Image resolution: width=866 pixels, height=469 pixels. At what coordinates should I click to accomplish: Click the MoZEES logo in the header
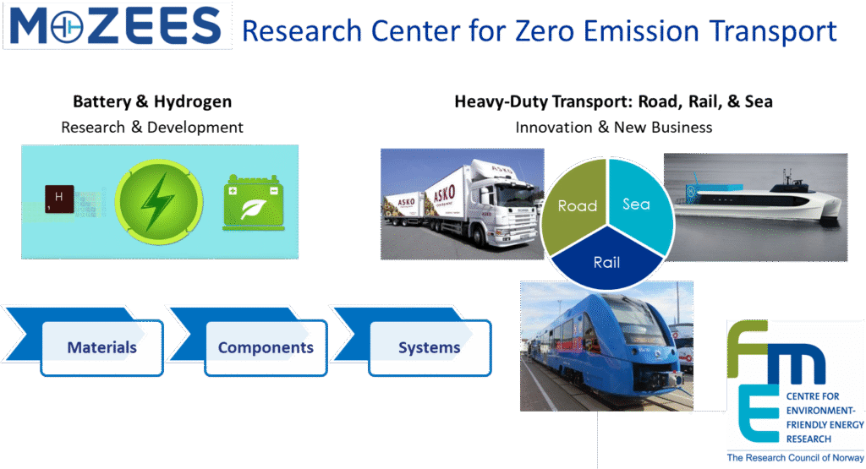pos(117,26)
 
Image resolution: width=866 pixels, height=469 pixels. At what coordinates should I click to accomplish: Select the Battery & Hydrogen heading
pos(152,101)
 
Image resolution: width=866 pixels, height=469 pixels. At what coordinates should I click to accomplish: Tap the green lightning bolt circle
pos(159,201)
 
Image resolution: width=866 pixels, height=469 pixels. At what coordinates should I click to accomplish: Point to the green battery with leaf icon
pos(254,202)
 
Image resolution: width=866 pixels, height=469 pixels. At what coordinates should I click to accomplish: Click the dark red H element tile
pos(59,199)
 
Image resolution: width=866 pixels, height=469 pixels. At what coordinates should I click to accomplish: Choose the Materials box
pos(102,347)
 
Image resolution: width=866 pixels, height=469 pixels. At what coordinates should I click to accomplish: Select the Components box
pos(266,347)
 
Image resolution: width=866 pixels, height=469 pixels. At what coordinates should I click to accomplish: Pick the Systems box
pos(430,347)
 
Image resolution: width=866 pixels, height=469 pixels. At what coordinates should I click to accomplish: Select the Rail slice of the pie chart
pos(607,260)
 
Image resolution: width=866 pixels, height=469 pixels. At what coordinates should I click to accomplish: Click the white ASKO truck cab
pos(502,205)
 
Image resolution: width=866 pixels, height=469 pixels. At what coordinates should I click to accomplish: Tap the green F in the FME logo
pos(748,347)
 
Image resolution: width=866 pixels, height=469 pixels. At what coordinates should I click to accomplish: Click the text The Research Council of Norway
pos(795,458)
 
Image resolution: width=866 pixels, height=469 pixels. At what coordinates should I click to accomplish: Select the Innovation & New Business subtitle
pos(614,128)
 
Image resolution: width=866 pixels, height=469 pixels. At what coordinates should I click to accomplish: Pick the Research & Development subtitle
pos(152,128)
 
